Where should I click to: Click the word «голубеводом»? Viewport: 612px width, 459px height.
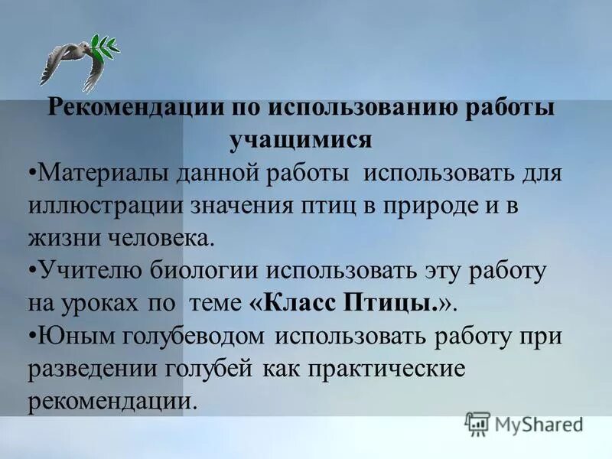(x=192, y=336)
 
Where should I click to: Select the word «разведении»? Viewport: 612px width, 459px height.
(x=93, y=369)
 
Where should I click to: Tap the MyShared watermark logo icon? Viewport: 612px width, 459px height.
(x=477, y=423)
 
